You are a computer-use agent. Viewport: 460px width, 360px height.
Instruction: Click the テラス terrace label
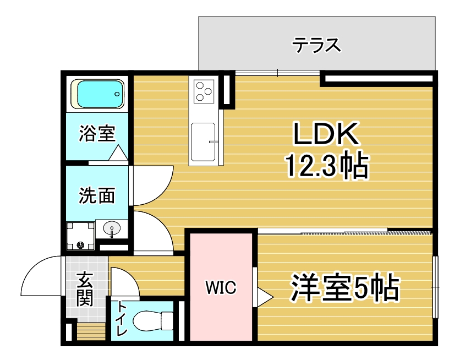pyautogui.click(x=316, y=43)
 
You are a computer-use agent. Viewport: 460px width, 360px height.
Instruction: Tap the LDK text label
pyautogui.click(x=326, y=135)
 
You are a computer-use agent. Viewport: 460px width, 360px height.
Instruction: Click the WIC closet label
pyautogui.click(x=221, y=287)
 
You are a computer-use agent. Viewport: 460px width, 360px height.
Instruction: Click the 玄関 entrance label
pyautogui.click(x=85, y=290)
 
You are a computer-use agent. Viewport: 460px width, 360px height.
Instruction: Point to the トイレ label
pyautogui.click(x=122, y=319)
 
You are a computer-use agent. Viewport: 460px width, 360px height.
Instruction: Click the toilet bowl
pyautogui.click(x=153, y=319)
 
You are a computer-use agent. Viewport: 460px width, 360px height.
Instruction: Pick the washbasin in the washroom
pyautogui.click(x=112, y=228)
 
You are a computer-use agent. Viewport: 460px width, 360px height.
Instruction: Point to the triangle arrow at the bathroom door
pyautogui.click(x=118, y=152)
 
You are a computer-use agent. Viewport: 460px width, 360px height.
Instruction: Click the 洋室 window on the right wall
pyautogui.click(x=435, y=287)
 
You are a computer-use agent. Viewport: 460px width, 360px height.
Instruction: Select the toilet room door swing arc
pyautogui.click(x=125, y=282)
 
